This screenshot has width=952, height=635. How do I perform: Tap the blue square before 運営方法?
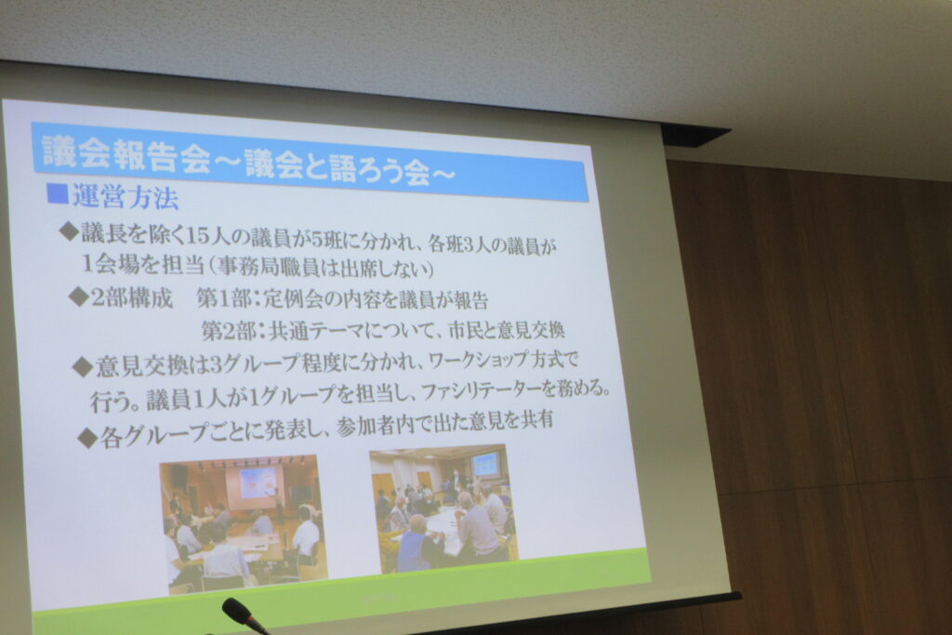57,193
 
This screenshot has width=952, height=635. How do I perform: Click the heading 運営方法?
126,197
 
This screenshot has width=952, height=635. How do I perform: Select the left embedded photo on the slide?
243,523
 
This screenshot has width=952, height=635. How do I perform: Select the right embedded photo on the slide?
443,509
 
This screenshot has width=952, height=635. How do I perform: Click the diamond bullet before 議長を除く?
69,231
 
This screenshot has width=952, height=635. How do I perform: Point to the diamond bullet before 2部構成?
79,297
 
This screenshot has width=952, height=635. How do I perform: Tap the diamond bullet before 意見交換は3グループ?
83,366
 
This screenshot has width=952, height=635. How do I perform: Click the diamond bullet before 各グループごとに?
88,438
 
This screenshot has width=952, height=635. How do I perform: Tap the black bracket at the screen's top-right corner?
695,136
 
